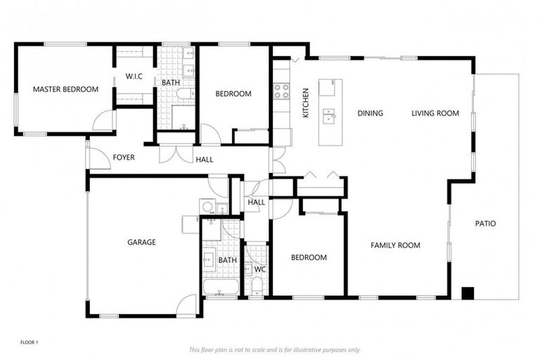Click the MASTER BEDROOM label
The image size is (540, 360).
pyautogui.click(x=65, y=89)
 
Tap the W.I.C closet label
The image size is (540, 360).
pyautogui.click(x=134, y=76)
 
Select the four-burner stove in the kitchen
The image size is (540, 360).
pyautogui.click(x=281, y=90)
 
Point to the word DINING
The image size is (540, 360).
pyautogui.click(x=370, y=113)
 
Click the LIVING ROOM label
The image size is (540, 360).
pyautogui.click(x=435, y=113)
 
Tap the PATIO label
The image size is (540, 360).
pyautogui.click(x=485, y=224)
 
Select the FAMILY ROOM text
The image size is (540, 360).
pyautogui.click(x=395, y=245)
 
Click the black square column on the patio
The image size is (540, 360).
pyautogui.click(x=467, y=293)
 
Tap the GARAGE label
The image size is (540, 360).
pyautogui.click(x=141, y=242)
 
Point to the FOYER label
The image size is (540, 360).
pyautogui.click(x=124, y=157)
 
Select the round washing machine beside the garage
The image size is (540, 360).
pyautogui.click(x=207, y=207)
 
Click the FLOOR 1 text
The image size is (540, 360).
pyautogui.click(x=29, y=342)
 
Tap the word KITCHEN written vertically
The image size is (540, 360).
pyautogui.click(x=306, y=103)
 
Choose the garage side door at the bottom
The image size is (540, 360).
pyautogui.click(x=186, y=306)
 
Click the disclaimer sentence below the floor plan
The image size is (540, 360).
pyautogui.click(x=275, y=349)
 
